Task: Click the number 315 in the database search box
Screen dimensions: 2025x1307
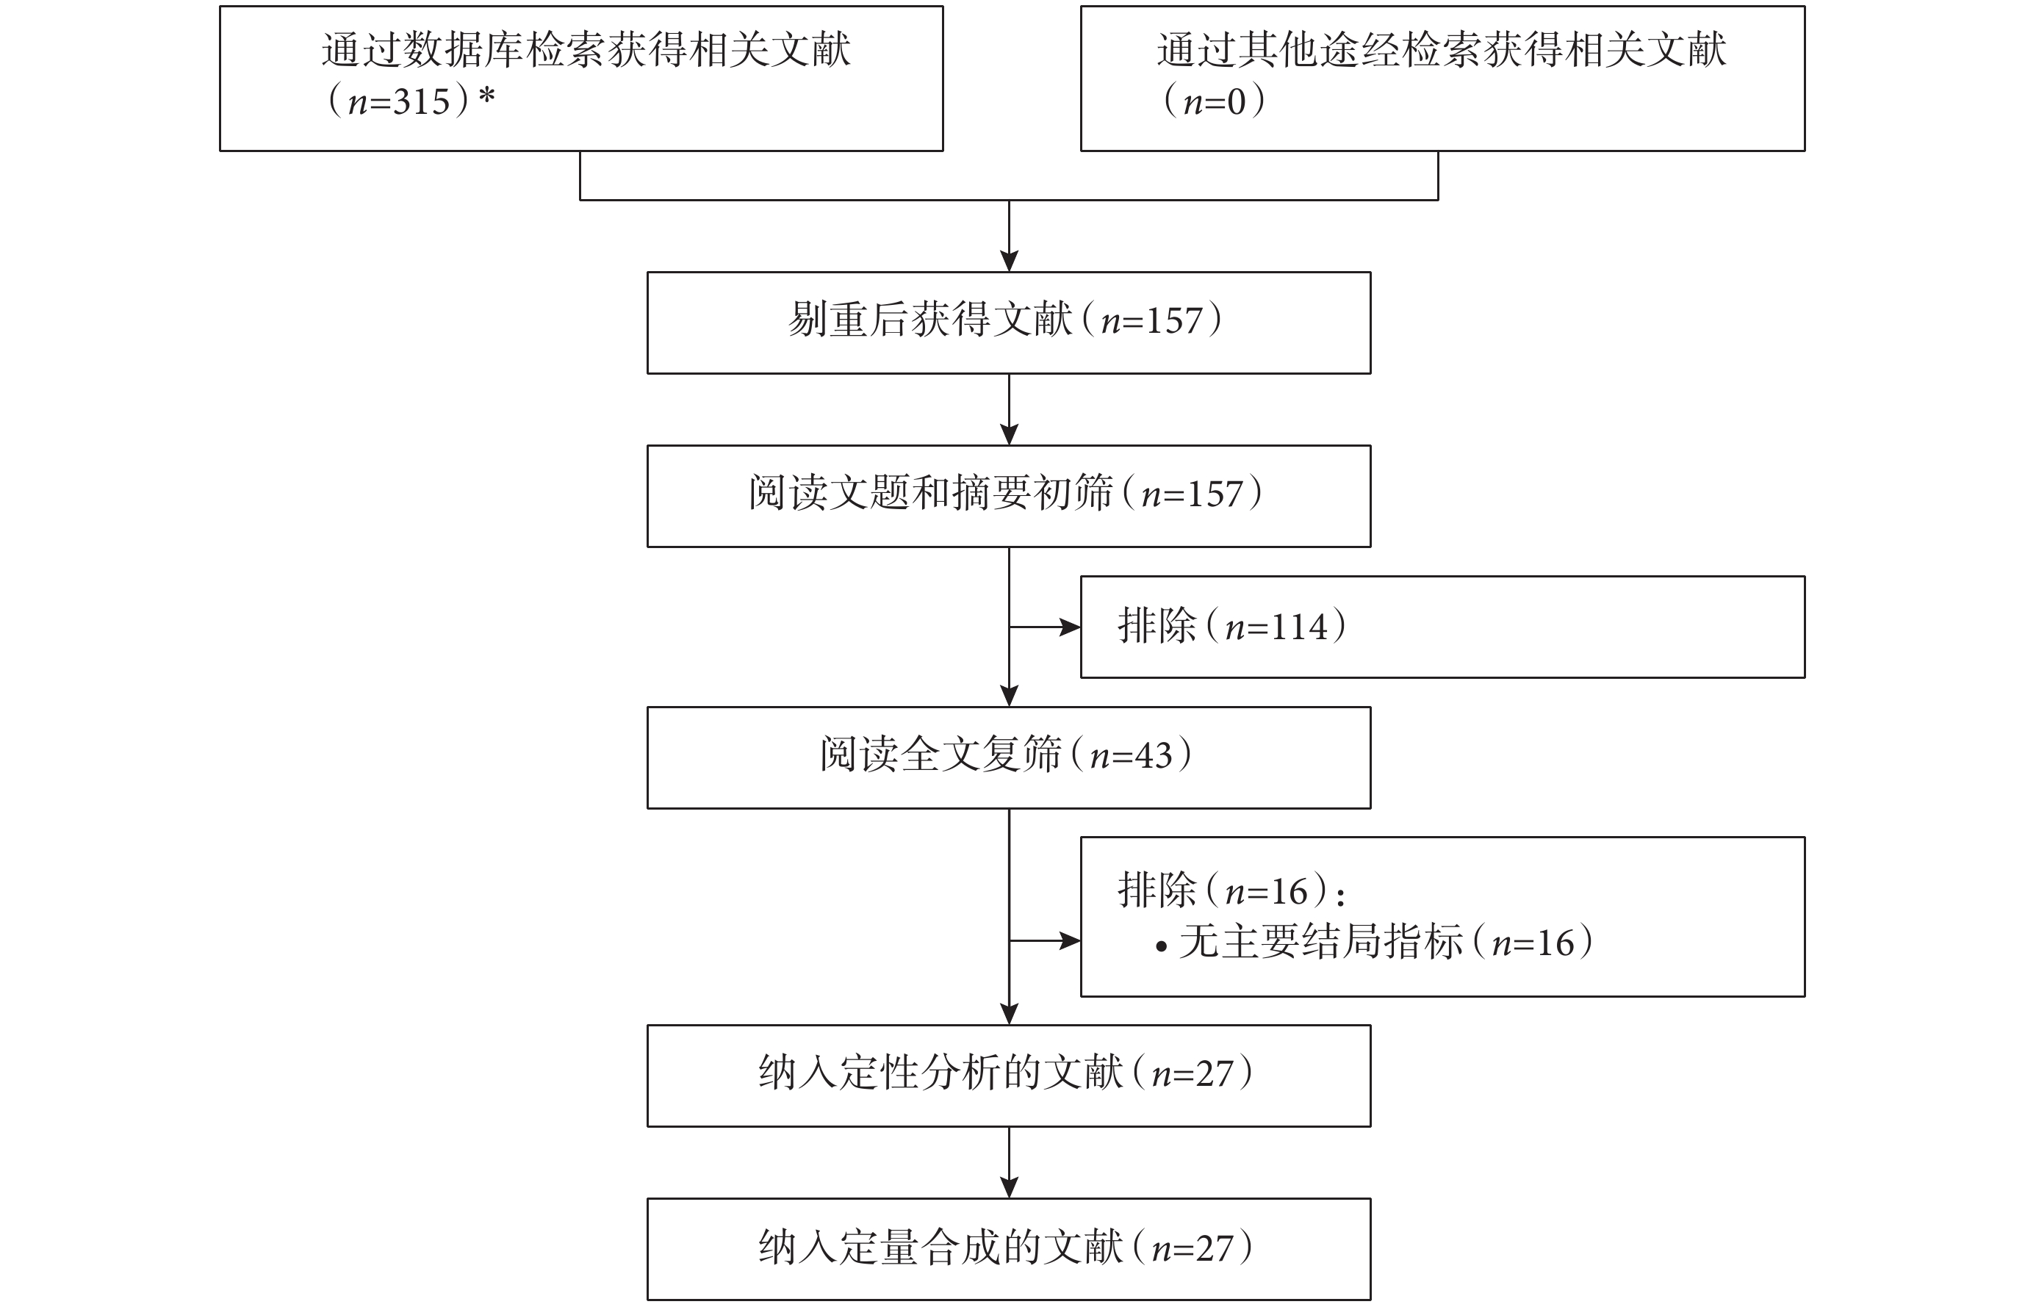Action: tap(422, 102)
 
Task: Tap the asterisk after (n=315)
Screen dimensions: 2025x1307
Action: tap(486, 96)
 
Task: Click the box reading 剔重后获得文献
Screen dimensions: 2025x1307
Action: tap(1008, 323)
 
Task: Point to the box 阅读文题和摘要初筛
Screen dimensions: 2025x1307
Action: tap(1008, 497)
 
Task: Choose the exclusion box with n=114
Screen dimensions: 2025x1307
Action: tap(1442, 627)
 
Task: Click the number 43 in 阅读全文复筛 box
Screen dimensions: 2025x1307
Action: tap(1154, 755)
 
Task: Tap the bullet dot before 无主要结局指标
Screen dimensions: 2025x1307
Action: tap(1161, 946)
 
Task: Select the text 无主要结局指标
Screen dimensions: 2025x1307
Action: tap(1321, 942)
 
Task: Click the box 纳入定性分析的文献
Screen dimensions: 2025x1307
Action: tap(1008, 1076)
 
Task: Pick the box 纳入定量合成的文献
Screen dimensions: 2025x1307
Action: tap(1008, 1249)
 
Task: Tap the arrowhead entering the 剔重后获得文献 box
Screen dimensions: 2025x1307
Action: tap(1008, 262)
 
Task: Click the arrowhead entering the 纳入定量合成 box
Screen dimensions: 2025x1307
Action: tap(1008, 1188)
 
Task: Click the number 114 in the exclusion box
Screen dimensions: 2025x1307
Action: tap(1299, 628)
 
